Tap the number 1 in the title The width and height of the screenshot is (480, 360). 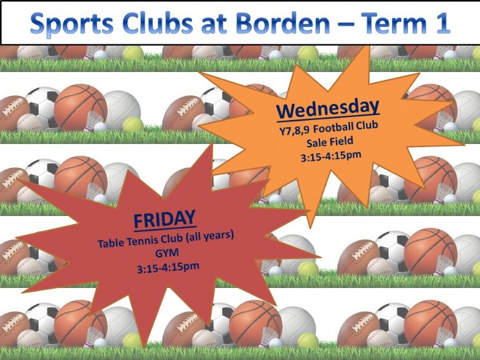[x=442, y=23]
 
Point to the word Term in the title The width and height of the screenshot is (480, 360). [x=396, y=23]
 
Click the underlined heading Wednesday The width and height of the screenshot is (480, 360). [x=328, y=109]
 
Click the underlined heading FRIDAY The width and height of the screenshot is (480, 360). [x=165, y=218]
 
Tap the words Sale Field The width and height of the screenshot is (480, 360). [x=330, y=142]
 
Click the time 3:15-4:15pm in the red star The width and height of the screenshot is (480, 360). [x=168, y=267]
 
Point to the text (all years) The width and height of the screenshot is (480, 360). [x=210, y=236]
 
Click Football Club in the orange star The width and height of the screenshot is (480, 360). [x=346, y=127]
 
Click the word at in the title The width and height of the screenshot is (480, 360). [x=214, y=24]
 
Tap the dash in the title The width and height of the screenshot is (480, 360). [x=347, y=25]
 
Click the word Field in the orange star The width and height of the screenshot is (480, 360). [x=342, y=141]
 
